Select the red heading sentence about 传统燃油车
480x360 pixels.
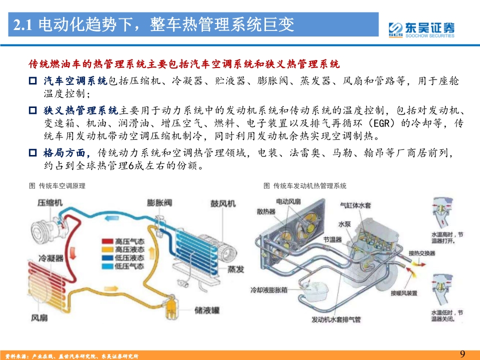(x=184, y=64)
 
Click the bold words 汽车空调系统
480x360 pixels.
(x=74, y=81)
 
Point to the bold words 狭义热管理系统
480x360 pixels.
(x=80, y=110)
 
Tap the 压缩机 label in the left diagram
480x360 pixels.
(x=50, y=202)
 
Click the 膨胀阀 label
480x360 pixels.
(x=159, y=202)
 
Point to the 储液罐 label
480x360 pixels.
(x=207, y=310)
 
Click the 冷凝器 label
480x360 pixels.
(x=51, y=258)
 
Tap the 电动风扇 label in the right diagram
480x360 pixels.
(x=288, y=201)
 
